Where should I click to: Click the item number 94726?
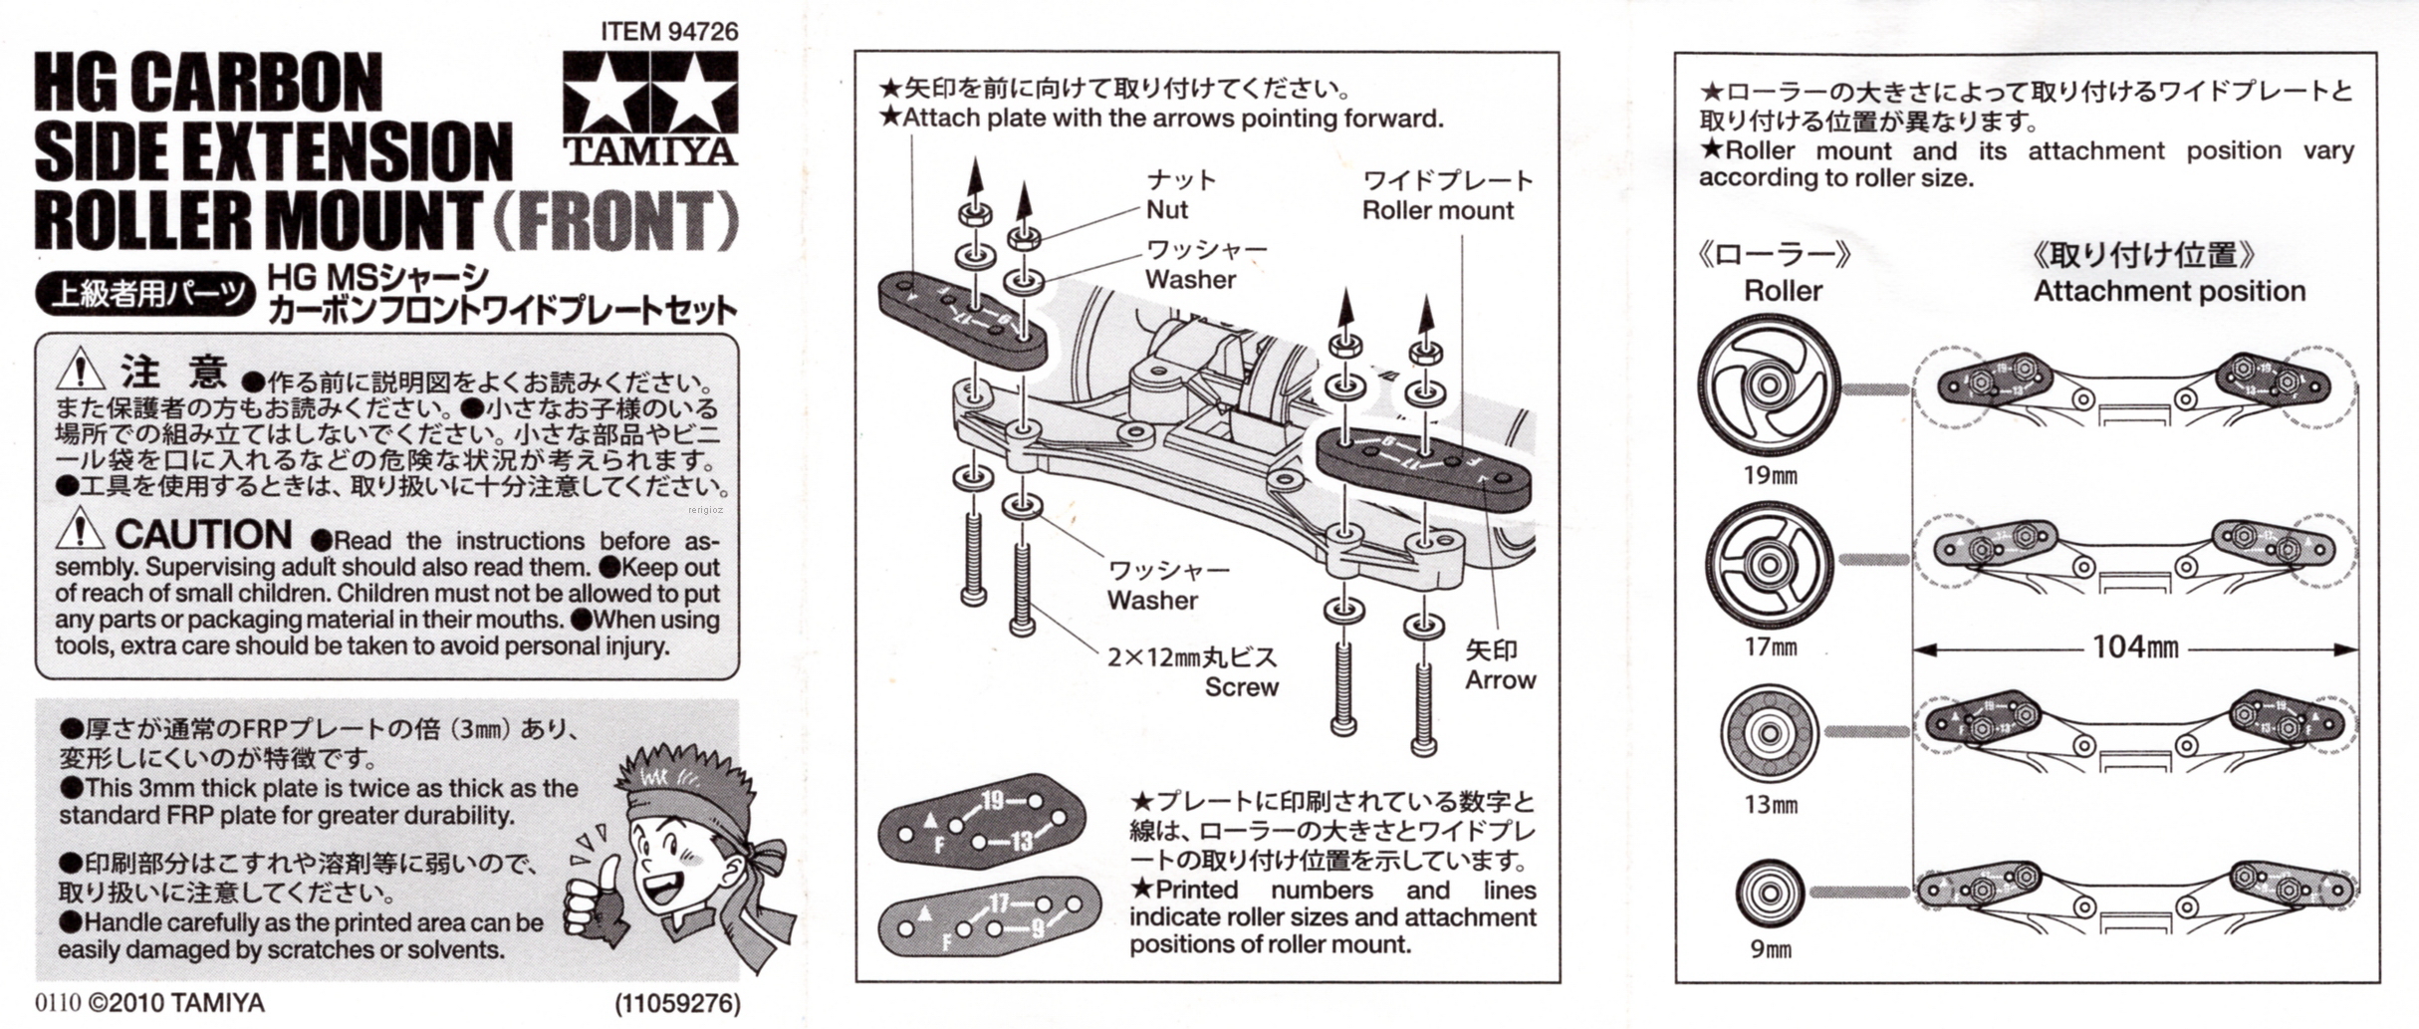pos(703,32)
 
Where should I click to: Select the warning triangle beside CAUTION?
pos(80,530)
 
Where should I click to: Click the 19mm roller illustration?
pos(1769,386)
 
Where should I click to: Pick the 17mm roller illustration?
pos(1769,565)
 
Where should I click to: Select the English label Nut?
pos(1166,210)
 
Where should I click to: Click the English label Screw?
pos(1241,687)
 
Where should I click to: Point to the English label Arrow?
pos(1500,680)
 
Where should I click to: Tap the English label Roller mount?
pos(1437,210)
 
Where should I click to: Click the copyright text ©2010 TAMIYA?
pos(176,1002)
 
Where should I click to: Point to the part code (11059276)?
pos(677,1003)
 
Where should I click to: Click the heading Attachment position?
pos(2169,292)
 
